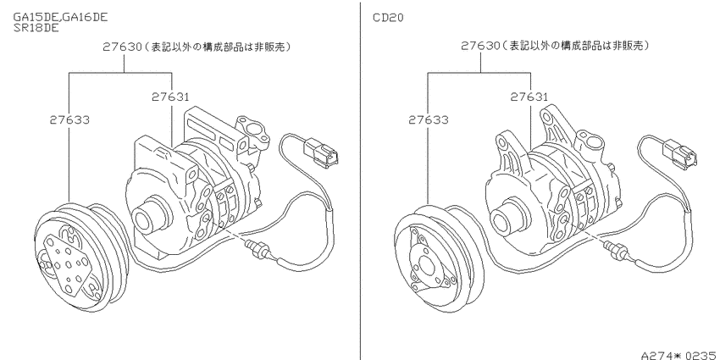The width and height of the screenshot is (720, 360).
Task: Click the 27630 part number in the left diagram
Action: tap(122, 47)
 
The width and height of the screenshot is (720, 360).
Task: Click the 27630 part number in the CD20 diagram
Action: tap(481, 46)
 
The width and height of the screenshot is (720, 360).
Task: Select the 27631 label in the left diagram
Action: tap(170, 97)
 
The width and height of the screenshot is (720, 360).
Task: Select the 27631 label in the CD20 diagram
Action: tap(529, 97)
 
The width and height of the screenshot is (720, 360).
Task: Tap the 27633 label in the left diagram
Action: tap(69, 120)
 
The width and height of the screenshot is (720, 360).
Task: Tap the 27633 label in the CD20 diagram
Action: tap(429, 120)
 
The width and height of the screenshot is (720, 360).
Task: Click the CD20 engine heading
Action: tap(389, 18)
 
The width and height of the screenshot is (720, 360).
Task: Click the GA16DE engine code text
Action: tap(85, 17)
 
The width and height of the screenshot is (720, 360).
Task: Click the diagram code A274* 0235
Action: tap(679, 355)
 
